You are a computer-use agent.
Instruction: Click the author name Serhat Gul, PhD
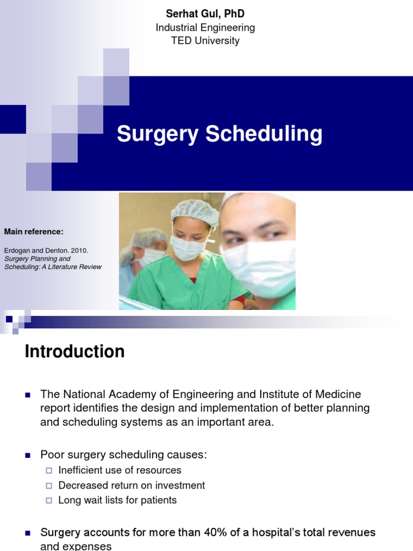pos(205,14)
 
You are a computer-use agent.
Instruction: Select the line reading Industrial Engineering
pos(205,27)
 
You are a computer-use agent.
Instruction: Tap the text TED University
pos(205,41)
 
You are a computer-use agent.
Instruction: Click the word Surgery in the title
pos(158,134)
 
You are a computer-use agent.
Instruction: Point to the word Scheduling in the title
pos(264,134)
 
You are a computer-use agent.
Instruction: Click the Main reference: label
pos(34,231)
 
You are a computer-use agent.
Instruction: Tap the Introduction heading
pos(75,351)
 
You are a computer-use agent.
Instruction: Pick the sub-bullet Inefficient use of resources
pos(120,470)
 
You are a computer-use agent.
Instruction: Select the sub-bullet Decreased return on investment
pos(132,485)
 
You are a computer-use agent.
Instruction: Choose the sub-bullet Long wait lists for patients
pos(117,500)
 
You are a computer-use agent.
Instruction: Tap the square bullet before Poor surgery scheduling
pos(29,455)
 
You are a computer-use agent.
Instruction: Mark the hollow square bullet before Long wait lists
pos(49,500)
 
